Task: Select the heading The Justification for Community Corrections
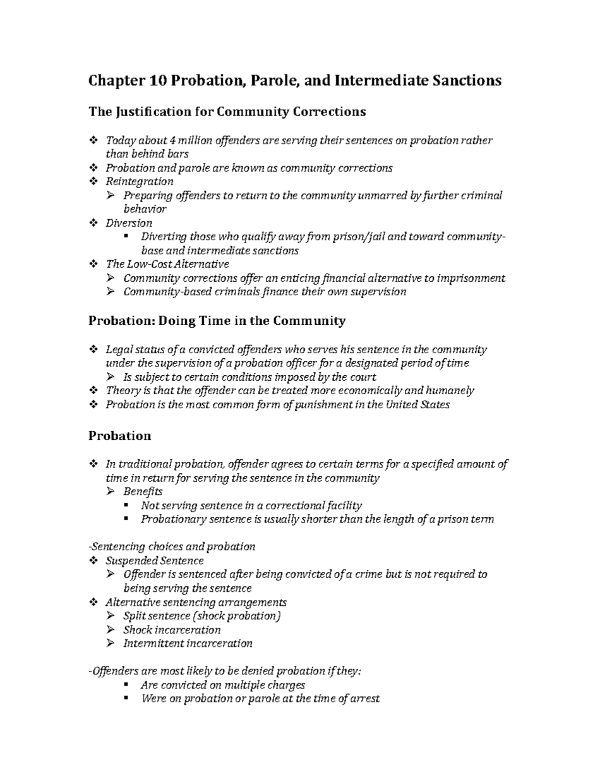click(x=227, y=112)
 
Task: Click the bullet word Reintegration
click(x=139, y=182)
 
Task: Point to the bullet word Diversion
click(x=129, y=223)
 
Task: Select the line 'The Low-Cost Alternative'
click(x=167, y=264)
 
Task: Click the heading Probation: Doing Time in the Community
click(x=216, y=321)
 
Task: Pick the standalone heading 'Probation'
click(x=119, y=436)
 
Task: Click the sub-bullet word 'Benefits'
click(x=143, y=492)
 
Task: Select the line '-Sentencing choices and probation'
click(x=171, y=547)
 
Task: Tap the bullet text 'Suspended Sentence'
click(x=154, y=561)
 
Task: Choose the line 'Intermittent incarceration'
click(x=188, y=643)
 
